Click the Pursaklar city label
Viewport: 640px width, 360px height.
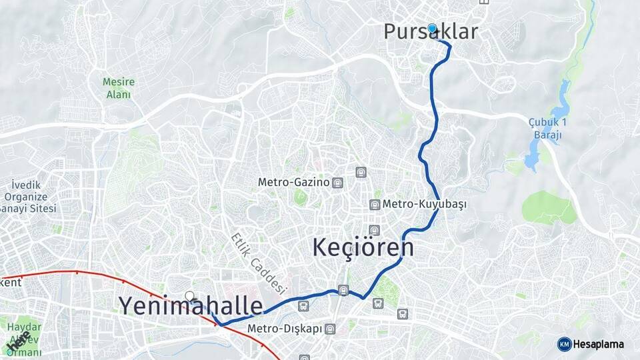tap(431, 32)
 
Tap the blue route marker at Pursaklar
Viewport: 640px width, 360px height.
tap(432, 28)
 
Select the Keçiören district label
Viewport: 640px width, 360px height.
tap(363, 247)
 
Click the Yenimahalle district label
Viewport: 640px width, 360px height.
tap(191, 305)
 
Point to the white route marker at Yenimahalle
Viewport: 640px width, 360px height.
tap(190, 296)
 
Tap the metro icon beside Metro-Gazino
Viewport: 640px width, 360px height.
tap(338, 182)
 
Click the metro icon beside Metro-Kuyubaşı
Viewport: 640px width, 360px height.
tap(375, 204)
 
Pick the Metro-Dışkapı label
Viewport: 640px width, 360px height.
tap(285, 329)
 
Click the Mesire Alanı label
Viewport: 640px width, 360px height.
tap(119, 88)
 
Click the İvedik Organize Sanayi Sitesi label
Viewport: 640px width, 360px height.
tap(27, 197)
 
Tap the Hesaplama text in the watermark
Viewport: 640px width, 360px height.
tap(599, 344)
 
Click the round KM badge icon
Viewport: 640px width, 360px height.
tap(564, 344)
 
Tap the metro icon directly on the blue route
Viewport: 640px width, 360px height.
tap(343, 290)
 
